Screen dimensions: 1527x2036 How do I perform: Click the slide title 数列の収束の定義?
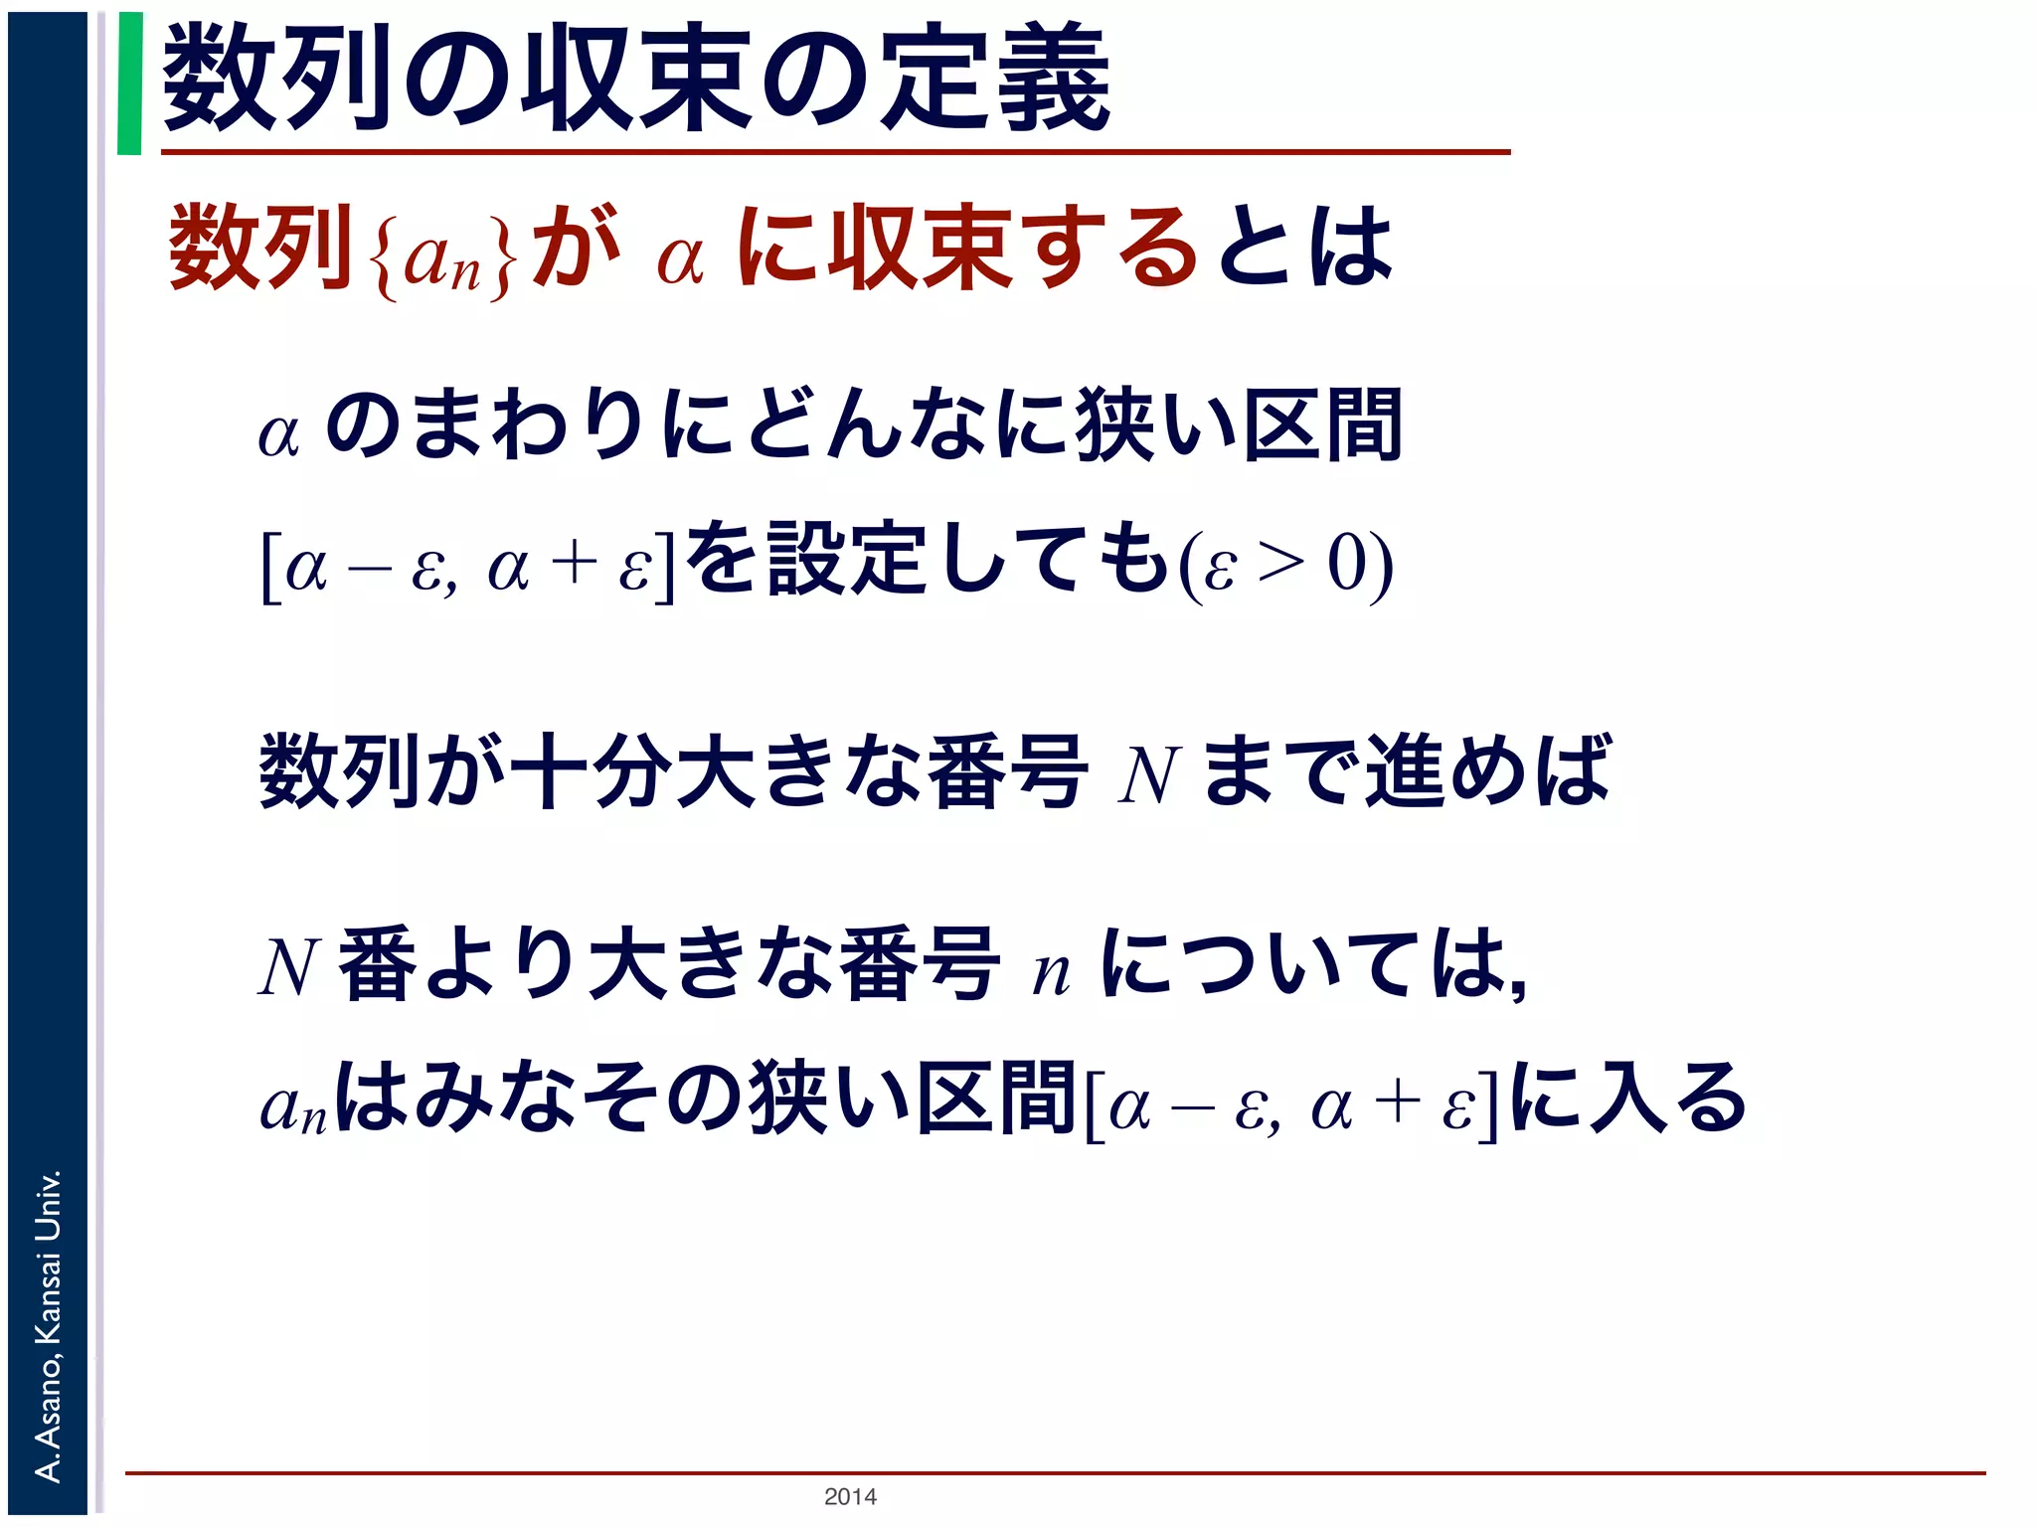(636, 80)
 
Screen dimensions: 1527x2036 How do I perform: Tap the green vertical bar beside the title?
(129, 84)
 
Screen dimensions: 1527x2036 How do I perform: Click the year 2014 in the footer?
(850, 1496)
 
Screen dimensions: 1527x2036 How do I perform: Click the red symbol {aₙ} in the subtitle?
(443, 254)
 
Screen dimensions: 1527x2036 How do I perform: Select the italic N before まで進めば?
(1147, 775)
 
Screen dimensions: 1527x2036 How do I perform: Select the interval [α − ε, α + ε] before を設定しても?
(467, 567)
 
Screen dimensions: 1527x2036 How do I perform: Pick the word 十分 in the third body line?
(591, 771)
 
